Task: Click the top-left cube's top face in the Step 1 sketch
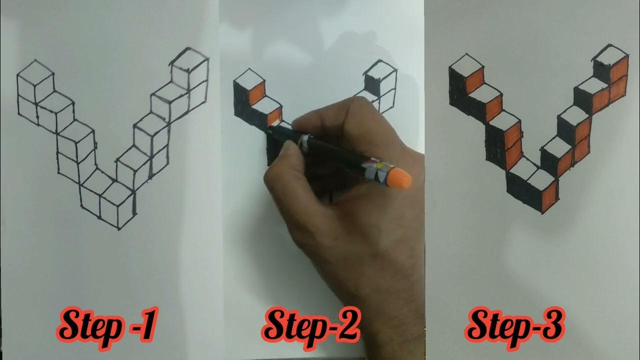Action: point(35,74)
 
